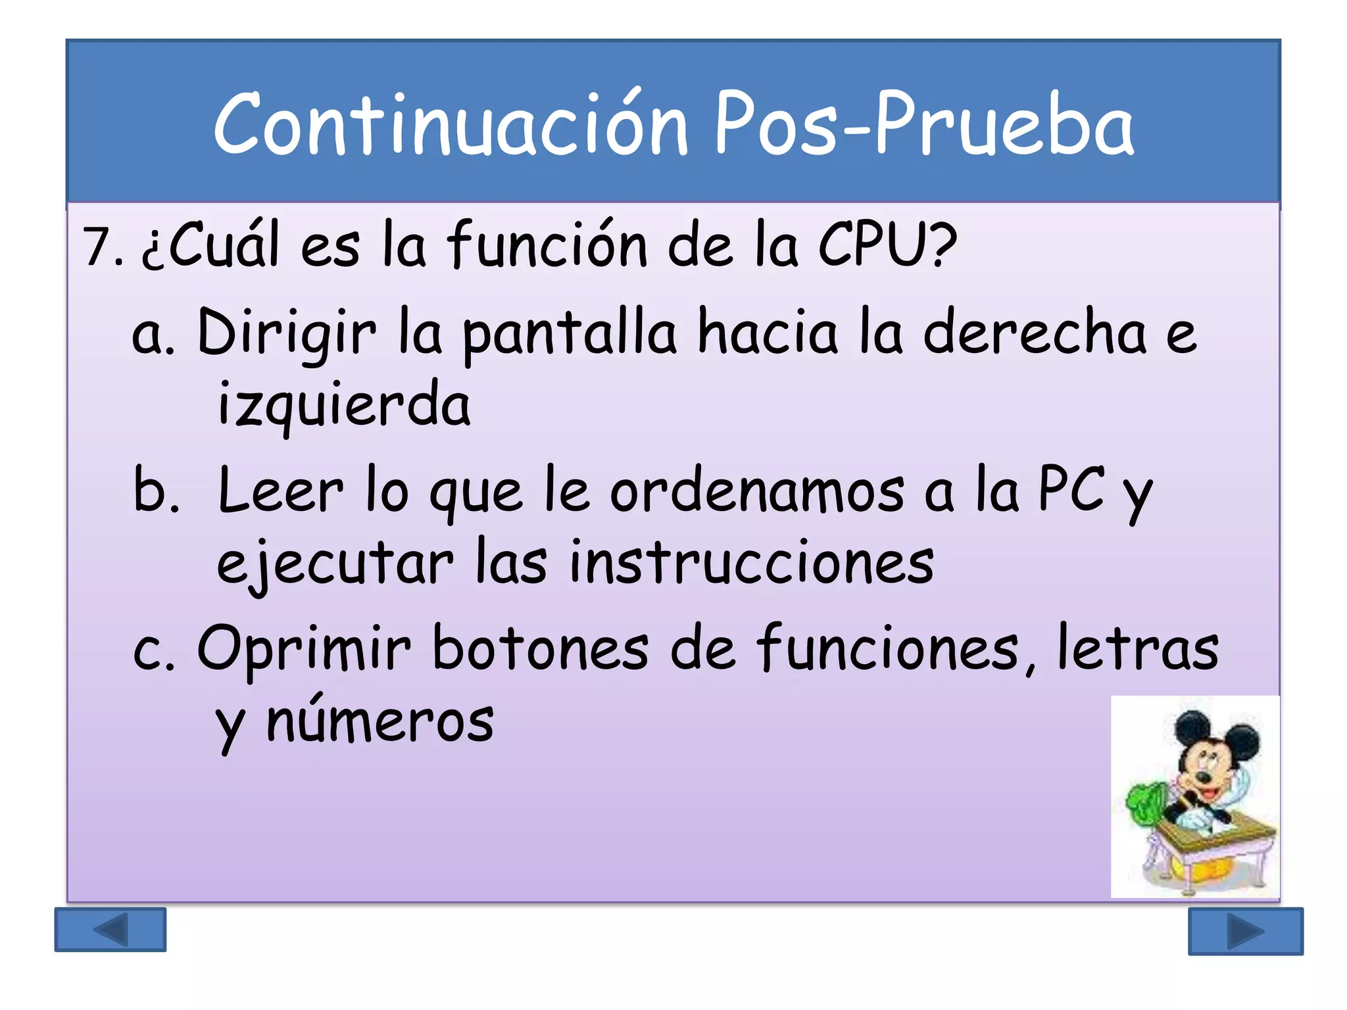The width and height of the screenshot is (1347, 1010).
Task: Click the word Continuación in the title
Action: tap(451, 124)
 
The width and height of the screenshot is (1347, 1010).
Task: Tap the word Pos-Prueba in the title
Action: tap(924, 124)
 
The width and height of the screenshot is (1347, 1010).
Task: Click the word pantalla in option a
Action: tap(569, 334)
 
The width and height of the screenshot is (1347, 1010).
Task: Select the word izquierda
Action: tap(344, 404)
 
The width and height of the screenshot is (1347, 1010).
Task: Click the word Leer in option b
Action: tap(280, 492)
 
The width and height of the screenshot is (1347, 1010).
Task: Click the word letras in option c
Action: tap(1138, 649)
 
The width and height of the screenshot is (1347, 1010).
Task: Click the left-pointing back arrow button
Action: tap(110, 930)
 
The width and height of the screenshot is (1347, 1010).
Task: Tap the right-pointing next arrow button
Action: tap(1245, 931)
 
